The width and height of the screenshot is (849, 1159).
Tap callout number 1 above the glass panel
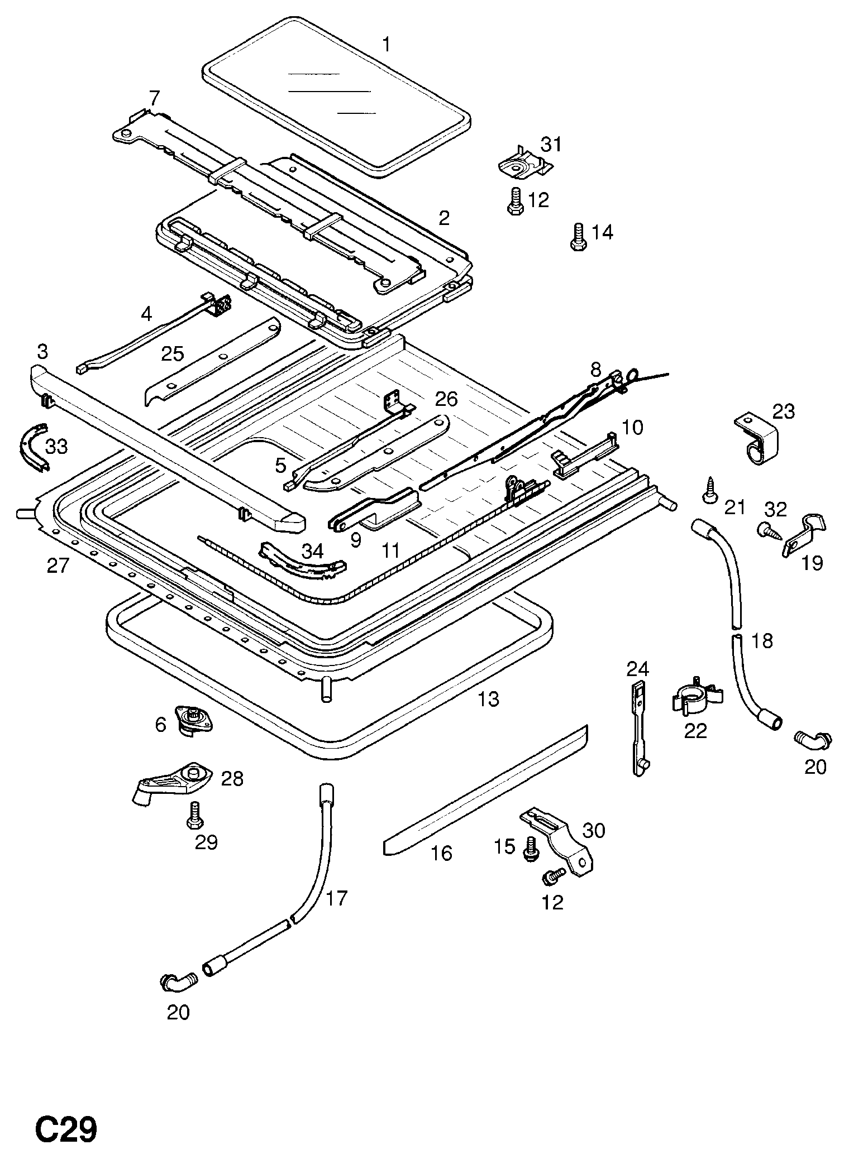click(x=387, y=44)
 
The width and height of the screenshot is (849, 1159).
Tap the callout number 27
click(x=58, y=566)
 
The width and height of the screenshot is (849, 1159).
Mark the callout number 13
click(x=489, y=698)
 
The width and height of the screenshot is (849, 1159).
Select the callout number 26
click(x=446, y=399)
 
